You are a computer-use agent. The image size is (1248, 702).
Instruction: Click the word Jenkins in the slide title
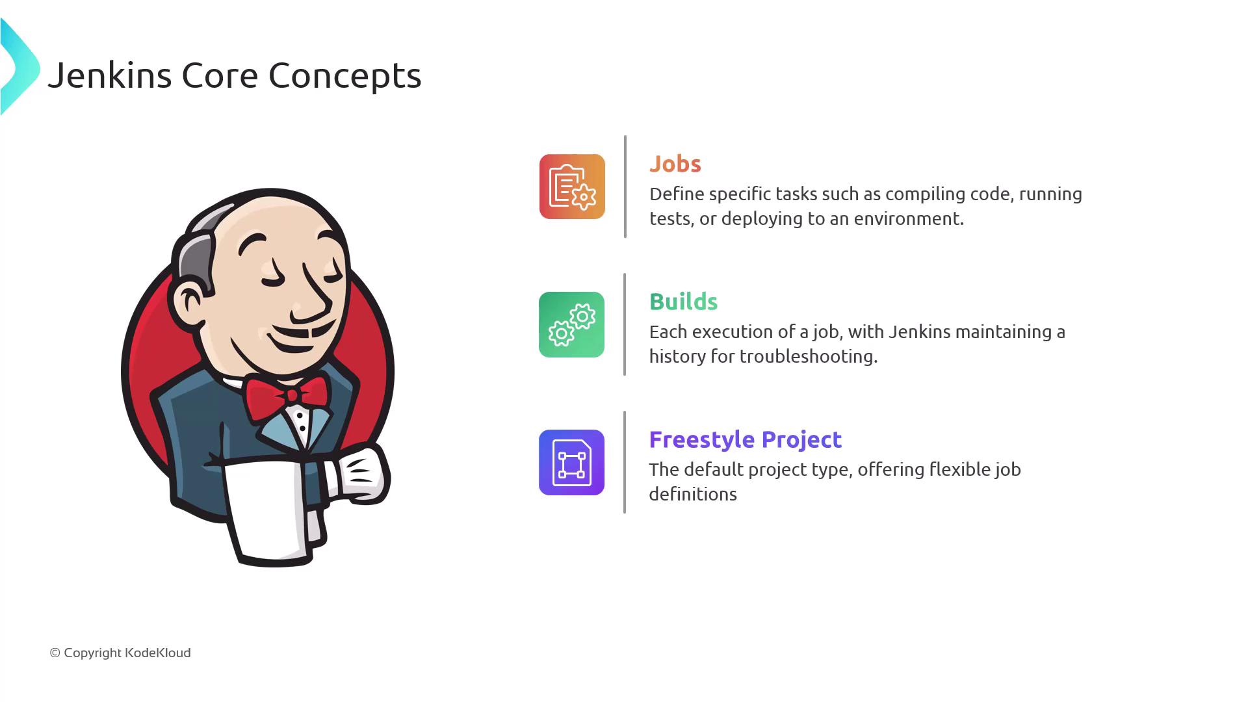110,75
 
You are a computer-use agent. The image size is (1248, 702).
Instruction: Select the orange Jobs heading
675,164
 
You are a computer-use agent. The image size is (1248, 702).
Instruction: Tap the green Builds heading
683,302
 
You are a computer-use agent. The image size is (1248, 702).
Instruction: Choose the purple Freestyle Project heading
746,440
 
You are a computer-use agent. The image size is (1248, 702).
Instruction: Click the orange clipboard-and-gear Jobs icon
572,187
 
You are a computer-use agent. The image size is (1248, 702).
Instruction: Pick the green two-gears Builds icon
571,324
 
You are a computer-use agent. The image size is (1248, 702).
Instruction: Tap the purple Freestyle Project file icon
571,462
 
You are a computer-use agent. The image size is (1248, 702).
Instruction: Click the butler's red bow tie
287,395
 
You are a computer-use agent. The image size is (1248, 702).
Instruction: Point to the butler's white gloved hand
361,474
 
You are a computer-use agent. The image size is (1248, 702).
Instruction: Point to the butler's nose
309,303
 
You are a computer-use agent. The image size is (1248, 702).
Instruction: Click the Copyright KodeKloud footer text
120,653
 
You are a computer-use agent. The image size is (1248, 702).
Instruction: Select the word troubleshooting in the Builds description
809,356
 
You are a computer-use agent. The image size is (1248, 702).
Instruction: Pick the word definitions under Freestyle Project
693,494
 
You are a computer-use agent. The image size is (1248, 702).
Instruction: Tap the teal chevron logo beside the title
19,66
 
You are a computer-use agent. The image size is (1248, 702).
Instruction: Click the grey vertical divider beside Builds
625,324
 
